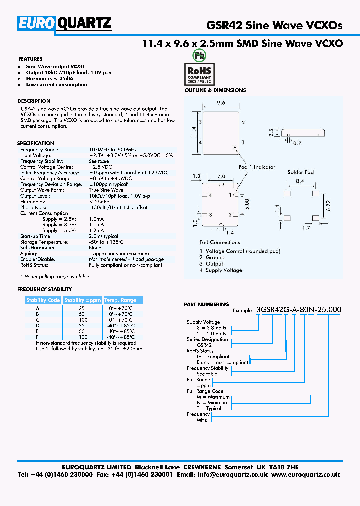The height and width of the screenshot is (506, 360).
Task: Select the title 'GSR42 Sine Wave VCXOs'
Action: pos(274,26)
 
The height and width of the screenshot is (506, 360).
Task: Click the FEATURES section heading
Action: pos(30,59)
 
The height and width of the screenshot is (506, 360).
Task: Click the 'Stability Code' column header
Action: pos(43,300)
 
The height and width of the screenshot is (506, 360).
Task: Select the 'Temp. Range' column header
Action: pos(120,300)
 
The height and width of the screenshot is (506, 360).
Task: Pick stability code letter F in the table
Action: pos(37,337)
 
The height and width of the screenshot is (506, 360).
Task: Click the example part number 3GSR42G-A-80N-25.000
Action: pos(298,309)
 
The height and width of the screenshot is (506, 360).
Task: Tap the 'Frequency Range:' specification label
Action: pos(40,150)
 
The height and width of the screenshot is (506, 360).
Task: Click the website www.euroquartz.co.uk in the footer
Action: pos(306,475)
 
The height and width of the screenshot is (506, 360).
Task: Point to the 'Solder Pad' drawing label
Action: pos(301,172)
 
